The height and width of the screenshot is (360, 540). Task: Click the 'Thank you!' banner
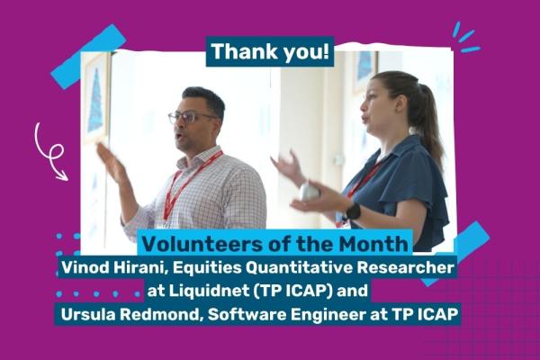click(x=270, y=51)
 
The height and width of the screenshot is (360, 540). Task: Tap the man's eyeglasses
click(x=191, y=118)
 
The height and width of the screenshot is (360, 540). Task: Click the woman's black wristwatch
click(x=353, y=211)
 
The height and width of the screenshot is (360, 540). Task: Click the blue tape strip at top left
click(x=88, y=57)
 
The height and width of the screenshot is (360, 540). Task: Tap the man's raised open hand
click(x=111, y=163)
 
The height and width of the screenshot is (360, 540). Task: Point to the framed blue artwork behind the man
click(x=96, y=99)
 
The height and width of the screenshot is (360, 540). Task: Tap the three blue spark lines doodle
click(x=465, y=37)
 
